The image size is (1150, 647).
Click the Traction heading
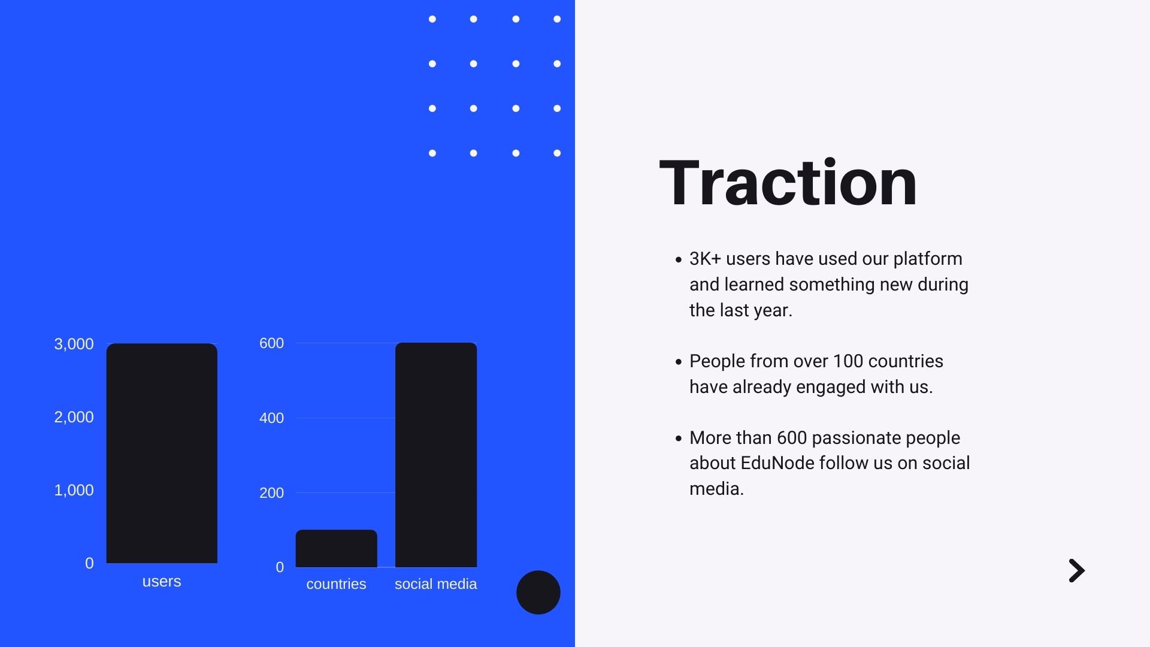tap(788, 183)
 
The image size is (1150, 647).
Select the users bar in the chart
tap(162, 453)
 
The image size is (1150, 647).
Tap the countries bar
tap(336, 548)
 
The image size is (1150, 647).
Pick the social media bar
tap(436, 455)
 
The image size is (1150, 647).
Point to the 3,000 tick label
tap(74, 344)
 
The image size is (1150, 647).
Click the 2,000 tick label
tap(74, 418)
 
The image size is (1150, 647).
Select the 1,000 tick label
tap(74, 491)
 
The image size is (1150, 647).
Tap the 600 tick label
tap(271, 343)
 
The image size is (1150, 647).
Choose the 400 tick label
tap(271, 418)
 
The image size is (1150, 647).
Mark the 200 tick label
tap(271, 493)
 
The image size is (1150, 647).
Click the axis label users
tap(162, 582)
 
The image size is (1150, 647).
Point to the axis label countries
tap(336, 584)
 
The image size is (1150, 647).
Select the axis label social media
tap(436, 584)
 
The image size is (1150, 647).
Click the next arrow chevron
tap(1078, 571)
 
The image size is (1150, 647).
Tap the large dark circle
tap(538, 592)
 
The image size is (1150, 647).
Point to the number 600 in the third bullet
tap(792, 438)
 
